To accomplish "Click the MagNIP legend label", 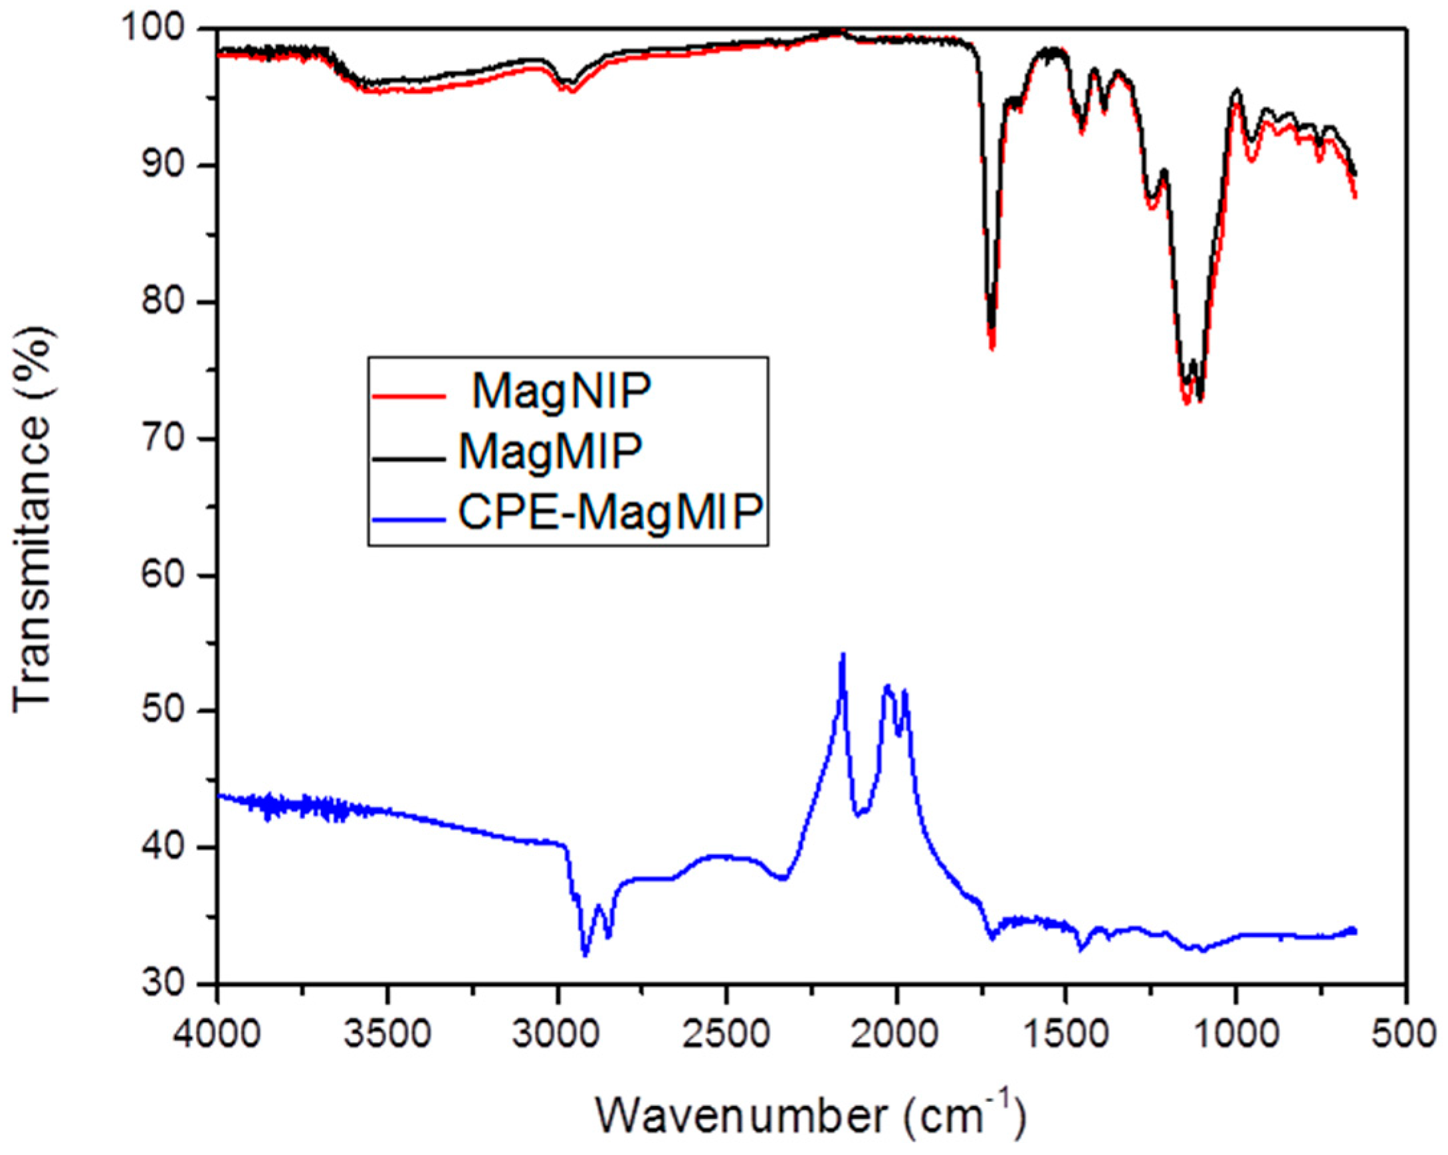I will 562,392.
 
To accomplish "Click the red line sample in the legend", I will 408,396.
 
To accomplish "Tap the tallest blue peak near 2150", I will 843,656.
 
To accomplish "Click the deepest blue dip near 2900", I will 585,954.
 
